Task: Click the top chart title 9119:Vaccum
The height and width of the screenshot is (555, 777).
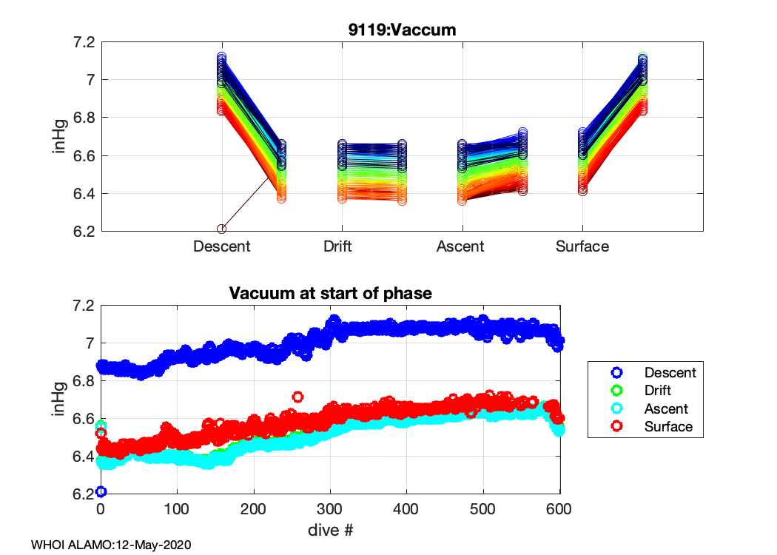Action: pyautogui.click(x=403, y=30)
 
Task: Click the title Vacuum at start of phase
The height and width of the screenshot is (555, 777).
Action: pyautogui.click(x=330, y=294)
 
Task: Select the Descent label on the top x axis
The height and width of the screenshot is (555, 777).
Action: pyautogui.click(x=221, y=246)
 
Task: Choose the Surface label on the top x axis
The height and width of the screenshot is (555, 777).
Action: pyautogui.click(x=582, y=246)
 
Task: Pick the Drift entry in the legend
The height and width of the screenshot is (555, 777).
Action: pyautogui.click(x=658, y=390)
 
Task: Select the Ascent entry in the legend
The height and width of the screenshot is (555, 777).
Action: pyautogui.click(x=666, y=408)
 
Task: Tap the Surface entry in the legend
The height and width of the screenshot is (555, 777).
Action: pyautogui.click(x=668, y=427)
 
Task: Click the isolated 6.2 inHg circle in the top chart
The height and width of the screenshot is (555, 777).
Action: pyautogui.click(x=221, y=229)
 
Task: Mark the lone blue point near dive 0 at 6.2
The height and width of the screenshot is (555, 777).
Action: pyautogui.click(x=101, y=491)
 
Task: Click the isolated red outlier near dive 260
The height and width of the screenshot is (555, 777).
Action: pyautogui.click(x=297, y=397)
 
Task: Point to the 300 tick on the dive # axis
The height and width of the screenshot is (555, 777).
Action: pyautogui.click(x=330, y=511)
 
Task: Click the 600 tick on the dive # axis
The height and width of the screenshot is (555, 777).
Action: pyautogui.click(x=559, y=511)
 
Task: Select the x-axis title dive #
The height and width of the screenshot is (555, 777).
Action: pyautogui.click(x=330, y=530)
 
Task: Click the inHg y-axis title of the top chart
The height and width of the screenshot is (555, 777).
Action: pyautogui.click(x=60, y=137)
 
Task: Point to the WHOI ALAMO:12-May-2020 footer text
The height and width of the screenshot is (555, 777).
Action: pyautogui.click(x=112, y=545)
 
